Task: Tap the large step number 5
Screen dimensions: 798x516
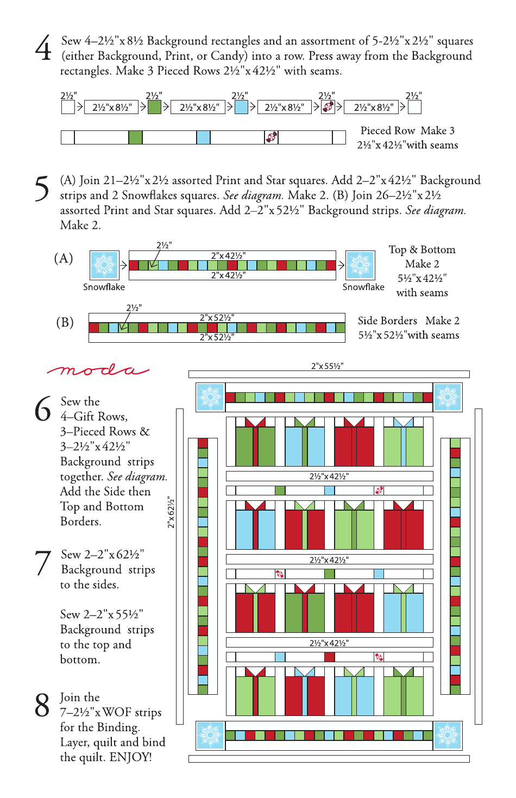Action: point(42,188)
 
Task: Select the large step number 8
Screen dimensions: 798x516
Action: point(42,705)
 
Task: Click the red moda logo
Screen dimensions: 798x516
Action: point(98,370)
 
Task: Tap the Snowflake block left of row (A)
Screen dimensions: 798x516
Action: point(104,265)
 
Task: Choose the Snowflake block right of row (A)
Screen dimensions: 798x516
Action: point(360,265)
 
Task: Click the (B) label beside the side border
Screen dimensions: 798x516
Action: point(65,322)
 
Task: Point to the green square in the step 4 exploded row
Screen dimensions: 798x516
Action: point(154,107)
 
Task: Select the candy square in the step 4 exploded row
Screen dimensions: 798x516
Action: point(328,107)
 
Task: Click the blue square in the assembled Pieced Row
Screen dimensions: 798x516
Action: point(203,137)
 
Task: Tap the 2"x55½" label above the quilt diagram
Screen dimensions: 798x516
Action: point(327,366)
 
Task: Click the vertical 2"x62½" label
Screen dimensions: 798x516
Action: point(171,512)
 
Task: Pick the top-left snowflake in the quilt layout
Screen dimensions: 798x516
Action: point(210,397)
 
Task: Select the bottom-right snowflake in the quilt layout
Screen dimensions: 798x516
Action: point(447,735)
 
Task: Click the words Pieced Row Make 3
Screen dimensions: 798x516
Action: point(407,130)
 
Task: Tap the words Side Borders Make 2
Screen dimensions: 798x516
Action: point(408,321)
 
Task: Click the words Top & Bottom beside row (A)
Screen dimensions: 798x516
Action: point(422,250)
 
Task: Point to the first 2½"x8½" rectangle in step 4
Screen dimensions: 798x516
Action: point(112,108)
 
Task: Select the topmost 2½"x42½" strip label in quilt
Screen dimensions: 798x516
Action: point(329,476)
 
